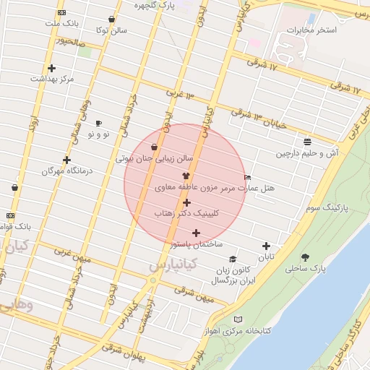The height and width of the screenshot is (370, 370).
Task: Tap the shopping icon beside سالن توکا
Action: [x=111, y=20]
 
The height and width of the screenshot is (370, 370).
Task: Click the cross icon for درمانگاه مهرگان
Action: [x=67, y=160]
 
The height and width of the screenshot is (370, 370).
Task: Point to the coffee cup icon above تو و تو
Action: [x=98, y=123]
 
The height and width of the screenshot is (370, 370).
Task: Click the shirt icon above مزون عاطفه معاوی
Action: [x=186, y=176]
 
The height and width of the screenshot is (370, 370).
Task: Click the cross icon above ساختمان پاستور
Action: [x=196, y=233]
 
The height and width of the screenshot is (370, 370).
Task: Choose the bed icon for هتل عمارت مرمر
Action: [x=248, y=177]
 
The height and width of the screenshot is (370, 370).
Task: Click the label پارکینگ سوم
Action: [x=327, y=207]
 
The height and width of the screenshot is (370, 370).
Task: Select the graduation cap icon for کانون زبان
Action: [x=233, y=259]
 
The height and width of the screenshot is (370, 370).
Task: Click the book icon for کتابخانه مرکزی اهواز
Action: [x=238, y=319]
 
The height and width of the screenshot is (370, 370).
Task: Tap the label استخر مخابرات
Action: [x=311, y=31]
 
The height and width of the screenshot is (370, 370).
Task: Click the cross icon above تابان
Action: [x=267, y=246]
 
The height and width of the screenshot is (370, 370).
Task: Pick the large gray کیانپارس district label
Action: [x=171, y=265]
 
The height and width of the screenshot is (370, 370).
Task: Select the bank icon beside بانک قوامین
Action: [x=10, y=215]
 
